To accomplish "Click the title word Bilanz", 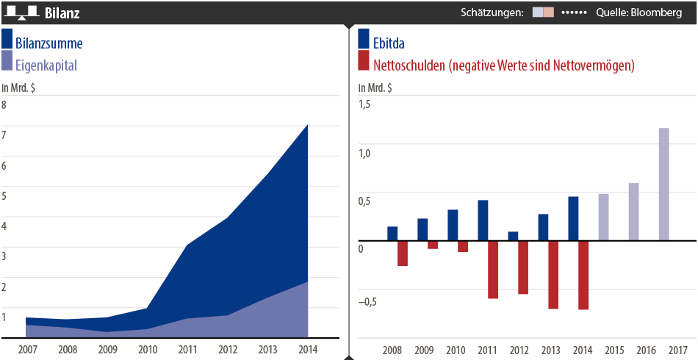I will tap(62, 13).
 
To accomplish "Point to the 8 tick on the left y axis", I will tap(4, 105).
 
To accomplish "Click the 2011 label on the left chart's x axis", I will tap(187, 350).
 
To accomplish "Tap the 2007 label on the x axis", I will tap(27, 350).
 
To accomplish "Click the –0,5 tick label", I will tap(365, 302).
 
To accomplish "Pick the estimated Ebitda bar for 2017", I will tap(663, 184).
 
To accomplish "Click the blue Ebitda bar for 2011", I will tap(483, 220).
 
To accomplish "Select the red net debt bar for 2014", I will tap(583, 275).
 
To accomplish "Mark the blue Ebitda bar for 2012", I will tap(513, 236).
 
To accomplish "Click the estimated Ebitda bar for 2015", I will tap(603, 217).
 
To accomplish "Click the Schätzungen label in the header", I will tap(492, 12).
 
